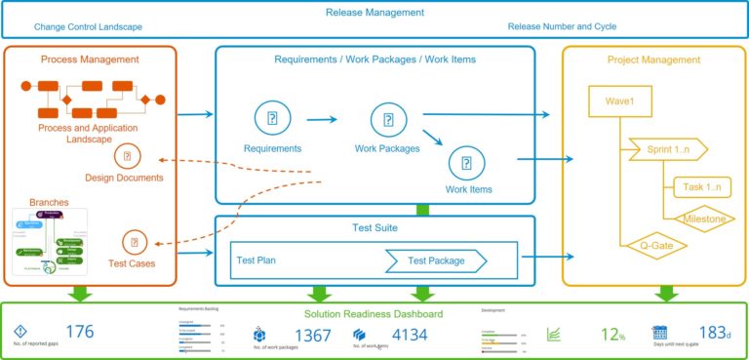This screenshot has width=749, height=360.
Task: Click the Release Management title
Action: [x=375, y=13]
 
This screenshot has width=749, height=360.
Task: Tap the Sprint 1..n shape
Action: [x=667, y=148]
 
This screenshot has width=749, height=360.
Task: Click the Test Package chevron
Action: [x=436, y=260]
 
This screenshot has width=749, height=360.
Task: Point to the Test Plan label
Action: [x=259, y=260]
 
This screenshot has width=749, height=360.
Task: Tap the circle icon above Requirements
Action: [x=272, y=119]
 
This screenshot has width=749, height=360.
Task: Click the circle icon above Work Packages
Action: [x=387, y=120]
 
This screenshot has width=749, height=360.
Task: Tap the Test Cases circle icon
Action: [x=134, y=241]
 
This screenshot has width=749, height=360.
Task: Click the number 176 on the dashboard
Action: [x=79, y=332]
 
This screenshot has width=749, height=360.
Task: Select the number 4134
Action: [x=410, y=335]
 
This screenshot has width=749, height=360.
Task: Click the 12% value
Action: [x=611, y=335]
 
